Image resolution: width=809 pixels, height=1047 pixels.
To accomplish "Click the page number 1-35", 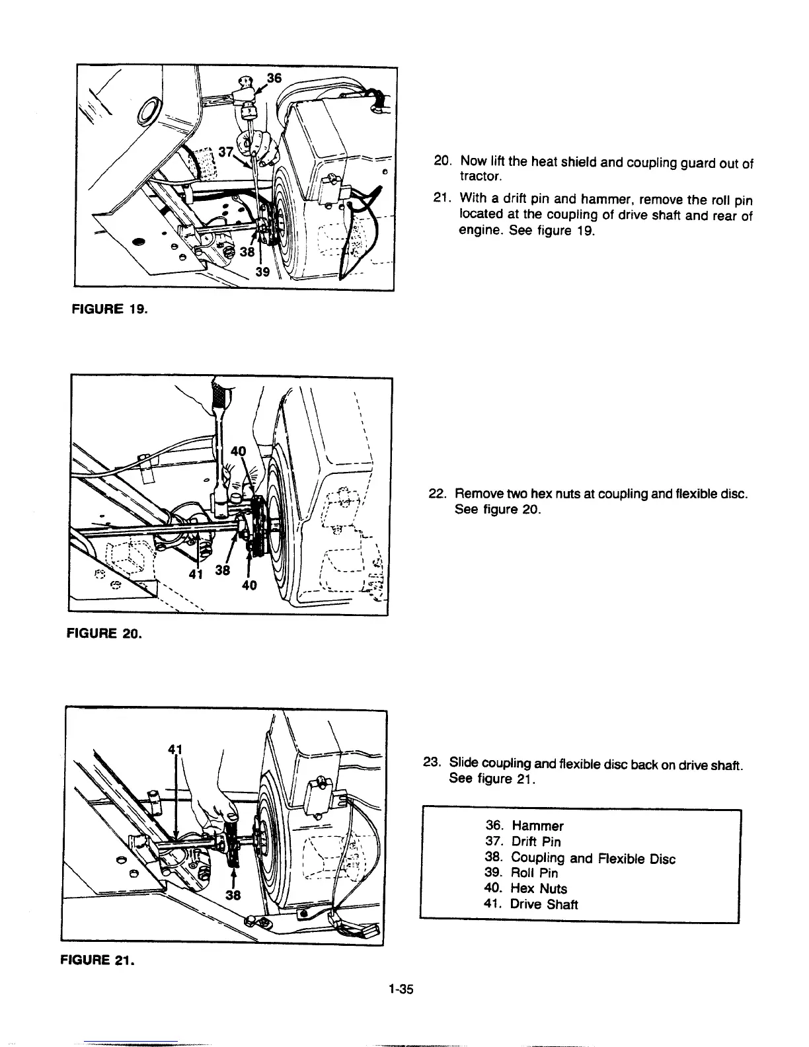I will tap(401, 989).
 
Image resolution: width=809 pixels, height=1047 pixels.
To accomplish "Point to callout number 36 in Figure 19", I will tap(274, 78).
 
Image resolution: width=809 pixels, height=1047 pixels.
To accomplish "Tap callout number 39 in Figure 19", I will tap(263, 276).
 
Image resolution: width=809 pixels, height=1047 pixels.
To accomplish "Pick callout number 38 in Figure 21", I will tap(233, 896).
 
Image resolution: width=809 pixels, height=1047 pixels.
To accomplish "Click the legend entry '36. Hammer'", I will tap(524, 826).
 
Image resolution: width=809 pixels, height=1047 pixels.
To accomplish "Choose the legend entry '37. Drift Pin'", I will tap(523, 841).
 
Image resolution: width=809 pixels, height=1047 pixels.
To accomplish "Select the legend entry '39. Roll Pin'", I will tap(521, 872).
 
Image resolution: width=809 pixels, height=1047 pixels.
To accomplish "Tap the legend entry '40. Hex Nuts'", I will tap(525, 888).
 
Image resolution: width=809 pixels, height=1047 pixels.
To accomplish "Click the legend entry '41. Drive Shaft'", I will tap(531, 904).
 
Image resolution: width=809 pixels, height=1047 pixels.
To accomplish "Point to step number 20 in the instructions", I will tap(442, 161).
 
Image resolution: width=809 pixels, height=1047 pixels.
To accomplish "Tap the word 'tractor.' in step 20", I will tap(481, 177).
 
